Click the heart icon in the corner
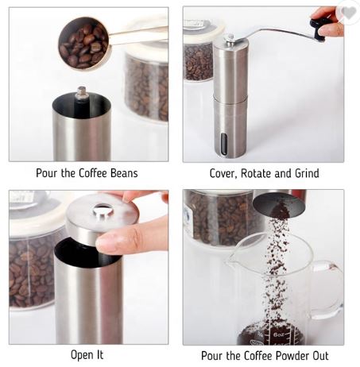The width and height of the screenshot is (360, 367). click(x=349, y=13)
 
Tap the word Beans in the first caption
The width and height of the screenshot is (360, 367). click(x=124, y=173)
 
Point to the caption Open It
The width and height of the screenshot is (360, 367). click(x=87, y=355)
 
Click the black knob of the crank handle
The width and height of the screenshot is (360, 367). click(x=318, y=29)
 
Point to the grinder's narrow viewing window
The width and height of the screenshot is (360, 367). click(x=224, y=144)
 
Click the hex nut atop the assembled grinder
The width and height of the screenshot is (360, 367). click(x=230, y=38)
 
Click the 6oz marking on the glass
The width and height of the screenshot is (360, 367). click(x=279, y=334)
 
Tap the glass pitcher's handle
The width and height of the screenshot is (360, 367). click(x=328, y=288)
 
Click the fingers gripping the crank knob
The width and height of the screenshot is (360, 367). click(x=327, y=21)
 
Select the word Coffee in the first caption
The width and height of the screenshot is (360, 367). click(x=93, y=173)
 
